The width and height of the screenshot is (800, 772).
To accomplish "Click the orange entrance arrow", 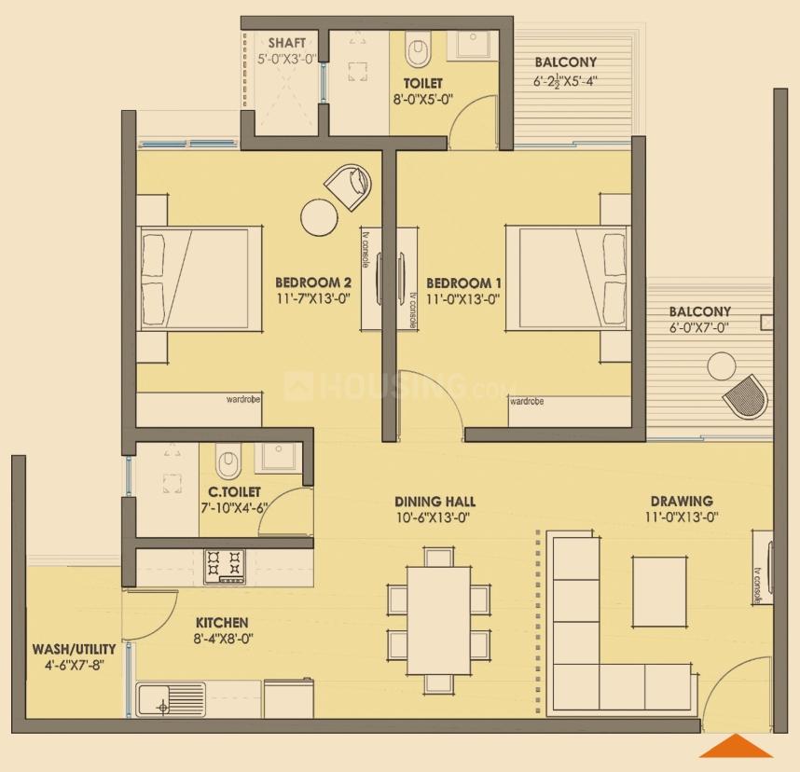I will pos(737,746).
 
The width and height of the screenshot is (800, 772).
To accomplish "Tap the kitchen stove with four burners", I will pos(225,566).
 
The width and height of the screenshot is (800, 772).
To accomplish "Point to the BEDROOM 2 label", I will pos(313,283).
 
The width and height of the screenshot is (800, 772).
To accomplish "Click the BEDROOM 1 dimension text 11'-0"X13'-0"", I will pos(463,299).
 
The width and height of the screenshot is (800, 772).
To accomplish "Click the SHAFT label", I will pos(287,44).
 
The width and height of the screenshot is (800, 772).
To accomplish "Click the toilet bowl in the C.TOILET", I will pos(228,461).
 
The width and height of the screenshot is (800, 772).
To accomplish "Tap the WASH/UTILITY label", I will pos(74,649).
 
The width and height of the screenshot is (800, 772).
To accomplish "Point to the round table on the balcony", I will pos(721,366).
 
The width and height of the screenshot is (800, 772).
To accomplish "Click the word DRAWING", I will pos(682,501).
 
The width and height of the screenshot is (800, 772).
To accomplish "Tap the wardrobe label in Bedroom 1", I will pos(527,401).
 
